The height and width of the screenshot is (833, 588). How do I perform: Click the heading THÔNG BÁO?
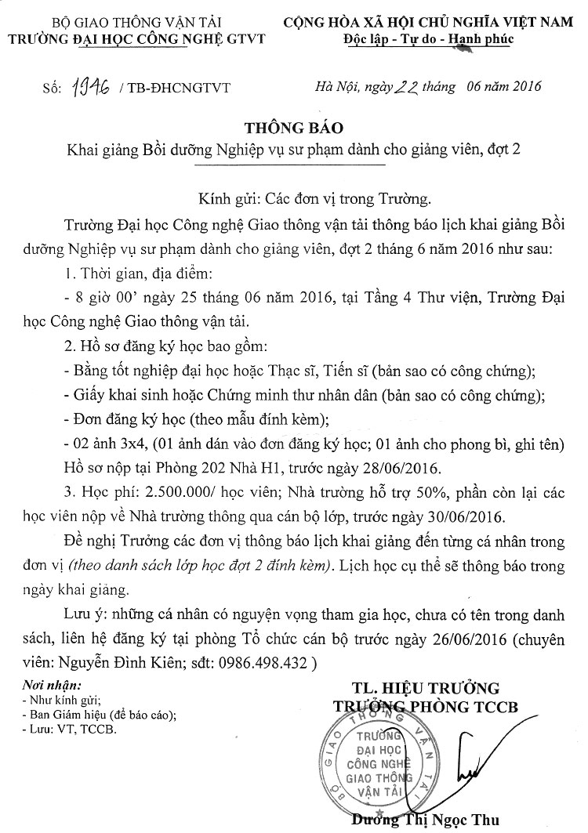tap(294, 127)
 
